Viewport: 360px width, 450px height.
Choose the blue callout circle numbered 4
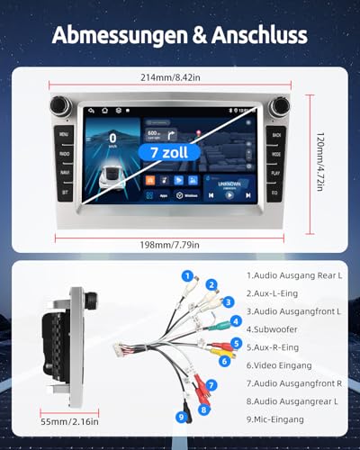tap(236, 319)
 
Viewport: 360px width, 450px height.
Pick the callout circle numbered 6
tap(225, 361)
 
